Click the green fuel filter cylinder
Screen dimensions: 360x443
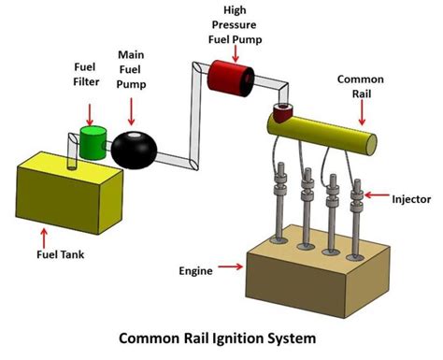point(93,143)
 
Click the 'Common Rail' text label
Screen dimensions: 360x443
point(358,88)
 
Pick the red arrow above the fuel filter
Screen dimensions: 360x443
point(90,112)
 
